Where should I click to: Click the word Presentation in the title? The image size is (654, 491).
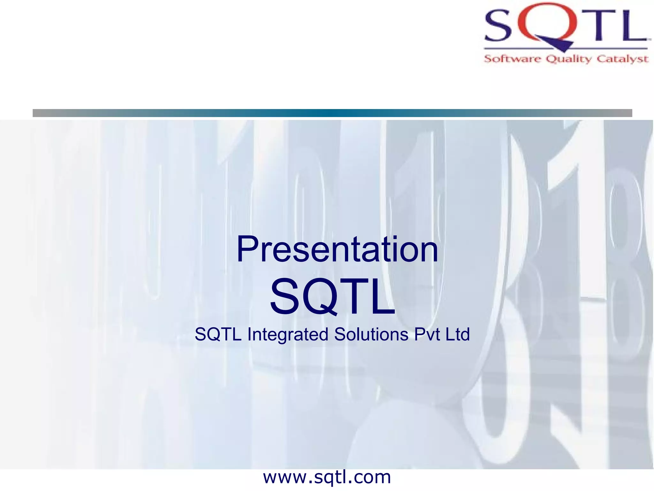tap(337, 249)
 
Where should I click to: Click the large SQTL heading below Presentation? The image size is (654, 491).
tap(332, 297)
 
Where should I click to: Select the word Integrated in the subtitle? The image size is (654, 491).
tap(288, 334)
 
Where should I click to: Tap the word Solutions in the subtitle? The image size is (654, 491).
tap(371, 334)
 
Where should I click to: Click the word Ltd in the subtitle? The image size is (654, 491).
tap(458, 334)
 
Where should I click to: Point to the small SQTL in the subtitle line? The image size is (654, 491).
tap(218, 334)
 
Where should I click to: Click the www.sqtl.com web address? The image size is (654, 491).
tap(327, 477)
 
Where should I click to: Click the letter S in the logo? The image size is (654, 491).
tap(498, 26)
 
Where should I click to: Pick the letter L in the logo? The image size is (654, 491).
tap(631, 26)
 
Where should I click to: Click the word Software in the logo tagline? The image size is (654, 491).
tap(512, 59)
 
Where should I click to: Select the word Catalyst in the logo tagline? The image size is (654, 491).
tap(622, 59)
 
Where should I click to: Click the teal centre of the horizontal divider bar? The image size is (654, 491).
tap(332, 113)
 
